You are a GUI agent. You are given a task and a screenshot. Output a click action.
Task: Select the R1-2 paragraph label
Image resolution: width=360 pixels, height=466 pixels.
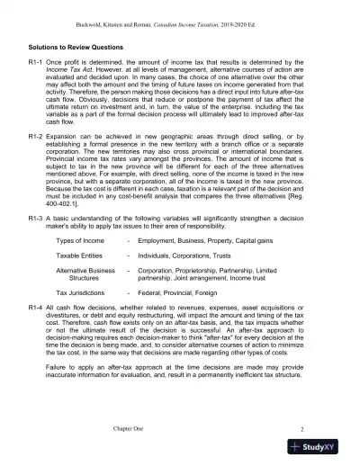point(40,153)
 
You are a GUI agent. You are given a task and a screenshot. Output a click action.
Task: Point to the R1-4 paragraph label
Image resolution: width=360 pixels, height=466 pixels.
point(40,333)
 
